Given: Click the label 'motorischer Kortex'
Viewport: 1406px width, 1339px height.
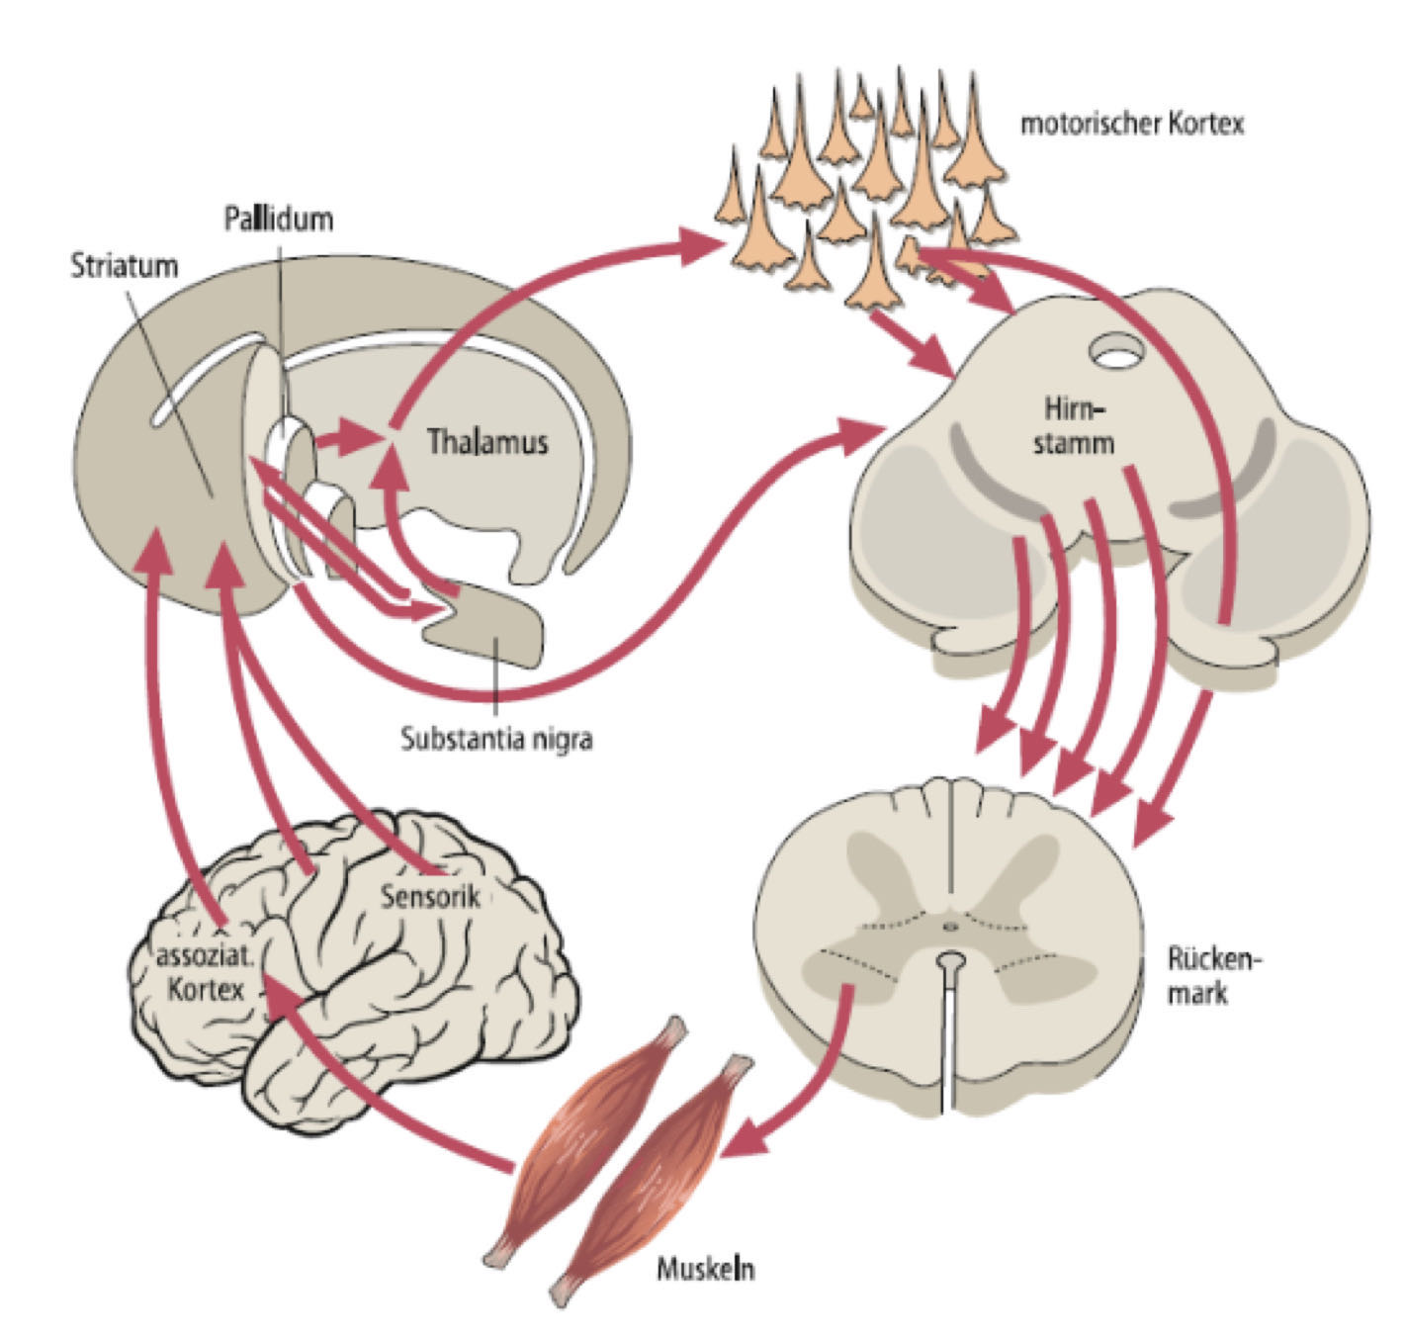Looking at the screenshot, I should point(1131,124).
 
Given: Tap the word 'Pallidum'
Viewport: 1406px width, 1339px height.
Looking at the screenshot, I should point(278,218).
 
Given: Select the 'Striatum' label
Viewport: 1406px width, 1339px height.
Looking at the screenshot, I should point(124,266).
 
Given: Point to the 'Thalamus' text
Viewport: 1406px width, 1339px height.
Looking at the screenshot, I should point(487,441).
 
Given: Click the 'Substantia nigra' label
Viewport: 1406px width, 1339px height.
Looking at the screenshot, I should point(496,739).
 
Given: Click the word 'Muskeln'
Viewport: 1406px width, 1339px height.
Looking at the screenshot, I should point(705,1269).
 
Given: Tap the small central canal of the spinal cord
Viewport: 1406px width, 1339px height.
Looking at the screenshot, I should point(950,927).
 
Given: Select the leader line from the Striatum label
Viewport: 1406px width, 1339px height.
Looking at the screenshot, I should point(173,386).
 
